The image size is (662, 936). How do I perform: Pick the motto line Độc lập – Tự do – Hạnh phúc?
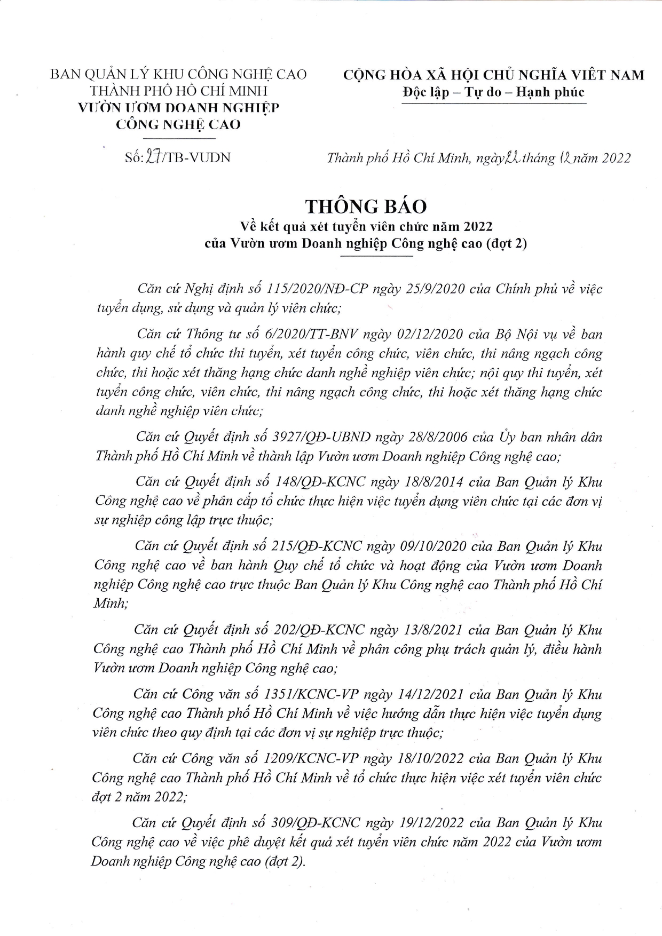tap(493, 92)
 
